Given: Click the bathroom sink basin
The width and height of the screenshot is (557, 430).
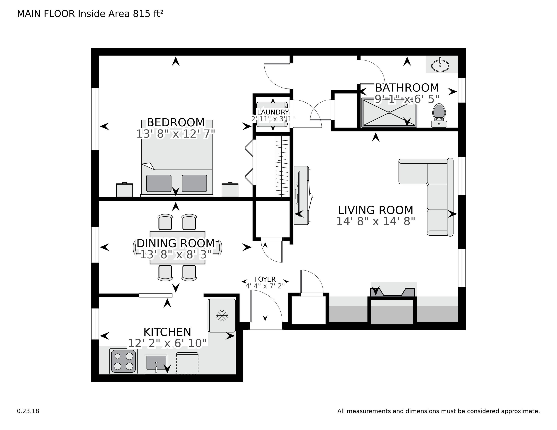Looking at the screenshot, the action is tap(440, 65).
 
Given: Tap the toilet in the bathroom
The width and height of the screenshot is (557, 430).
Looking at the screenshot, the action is tap(439, 115).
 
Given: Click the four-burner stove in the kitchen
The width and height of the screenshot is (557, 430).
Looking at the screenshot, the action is tap(123, 361).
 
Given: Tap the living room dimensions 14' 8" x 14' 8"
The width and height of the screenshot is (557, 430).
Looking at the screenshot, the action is tap(376, 221).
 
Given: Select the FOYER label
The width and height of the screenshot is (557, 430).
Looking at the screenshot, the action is tap(265, 279).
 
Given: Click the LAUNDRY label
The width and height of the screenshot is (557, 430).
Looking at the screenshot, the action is tap(273, 112).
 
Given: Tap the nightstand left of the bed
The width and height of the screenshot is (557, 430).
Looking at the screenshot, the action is tap(124, 190).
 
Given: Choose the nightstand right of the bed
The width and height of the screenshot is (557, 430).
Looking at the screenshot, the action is tap(230, 190).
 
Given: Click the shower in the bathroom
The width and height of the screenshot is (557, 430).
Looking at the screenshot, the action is tap(389, 113).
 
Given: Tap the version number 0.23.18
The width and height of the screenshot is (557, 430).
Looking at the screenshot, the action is tap(28, 411).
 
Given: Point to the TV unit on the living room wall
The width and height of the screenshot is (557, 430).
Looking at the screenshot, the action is tap(302, 195).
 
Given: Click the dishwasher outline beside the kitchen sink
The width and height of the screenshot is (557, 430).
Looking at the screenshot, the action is tap(187, 363).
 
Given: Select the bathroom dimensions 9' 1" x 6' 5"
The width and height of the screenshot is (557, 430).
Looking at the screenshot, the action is tap(407, 99).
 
